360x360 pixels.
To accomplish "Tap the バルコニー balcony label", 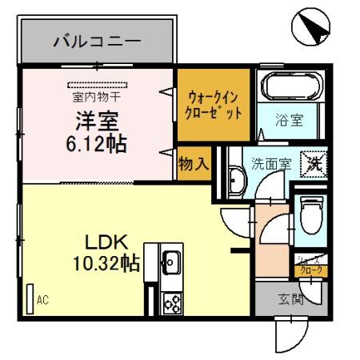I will [x=97, y=41].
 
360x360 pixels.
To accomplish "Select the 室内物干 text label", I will [x=94, y=98].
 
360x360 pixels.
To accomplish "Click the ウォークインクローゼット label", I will [x=214, y=106].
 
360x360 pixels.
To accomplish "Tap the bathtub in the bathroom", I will [x=291, y=87].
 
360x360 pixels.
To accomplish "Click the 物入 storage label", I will [x=194, y=163].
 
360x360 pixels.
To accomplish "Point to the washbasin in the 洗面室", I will [x=236, y=180].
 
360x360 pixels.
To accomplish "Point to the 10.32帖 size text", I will [x=106, y=263].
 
